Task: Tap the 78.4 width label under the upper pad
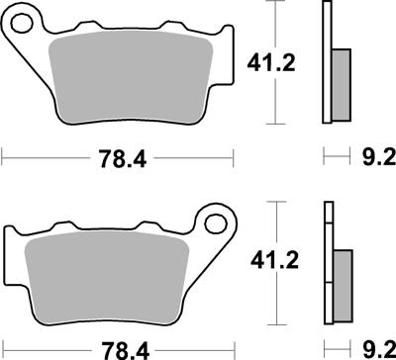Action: (119, 156)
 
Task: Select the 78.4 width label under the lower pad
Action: (119, 348)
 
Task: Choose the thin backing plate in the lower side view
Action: (326, 262)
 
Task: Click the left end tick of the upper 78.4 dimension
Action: (3, 155)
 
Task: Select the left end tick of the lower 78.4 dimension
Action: (3, 347)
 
